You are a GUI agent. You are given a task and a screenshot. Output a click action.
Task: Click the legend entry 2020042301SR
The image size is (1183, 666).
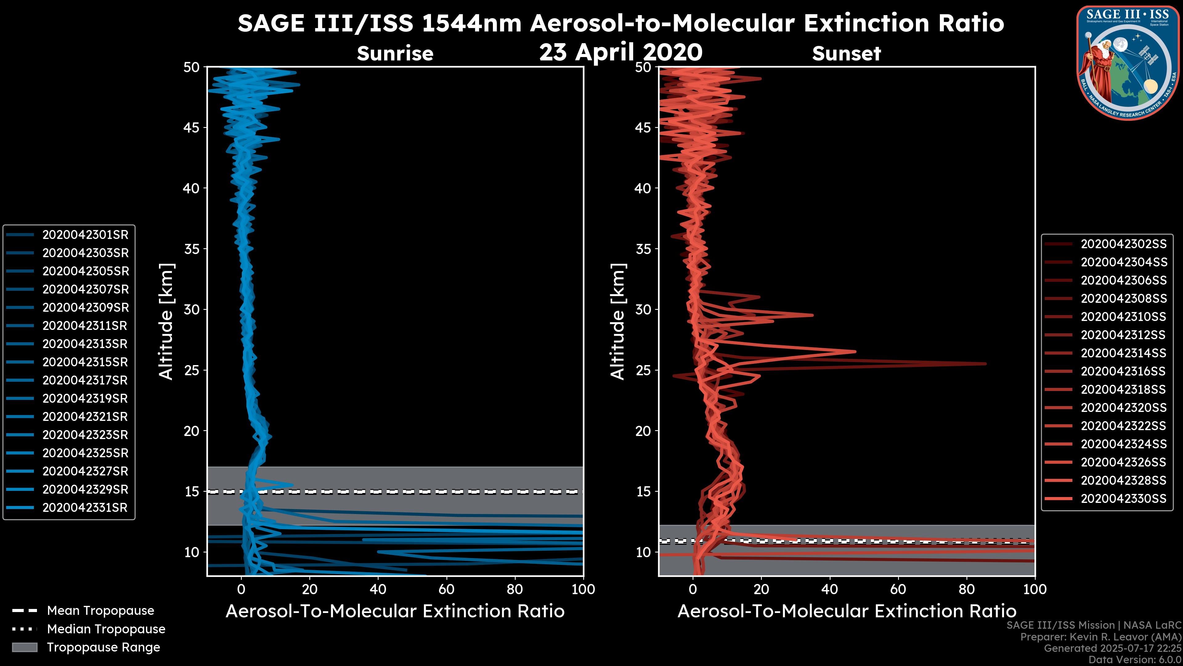pyautogui.click(x=85, y=235)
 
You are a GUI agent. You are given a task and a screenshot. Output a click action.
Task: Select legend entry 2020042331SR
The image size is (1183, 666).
pyautogui.click(x=85, y=508)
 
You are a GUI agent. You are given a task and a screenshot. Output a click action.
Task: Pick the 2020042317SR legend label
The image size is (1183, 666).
pyautogui.click(x=85, y=380)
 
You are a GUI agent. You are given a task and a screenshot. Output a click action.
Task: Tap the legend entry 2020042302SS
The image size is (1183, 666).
pyautogui.click(x=1123, y=244)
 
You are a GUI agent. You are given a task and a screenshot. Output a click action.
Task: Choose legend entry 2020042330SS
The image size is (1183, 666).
pyautogui.click(x=1123, y=499)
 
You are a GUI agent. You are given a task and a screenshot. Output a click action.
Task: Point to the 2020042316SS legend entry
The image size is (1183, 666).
pyautogui.click(x=1123, y=371)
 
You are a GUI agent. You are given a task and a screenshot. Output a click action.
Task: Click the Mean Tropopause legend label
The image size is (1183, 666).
pyautogui.click(x=100, y=611)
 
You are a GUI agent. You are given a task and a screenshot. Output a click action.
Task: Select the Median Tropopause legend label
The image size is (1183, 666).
pyautogui.click(x=106, y=629)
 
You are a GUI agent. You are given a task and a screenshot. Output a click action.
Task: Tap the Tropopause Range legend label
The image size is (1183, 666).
pyautogui.click(x=103, y=647)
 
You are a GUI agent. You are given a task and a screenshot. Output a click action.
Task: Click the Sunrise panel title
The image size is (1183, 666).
pyautogui.click(x=395, y=54)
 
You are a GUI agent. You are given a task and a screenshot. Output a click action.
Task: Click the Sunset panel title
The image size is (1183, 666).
pyautogui.click(x=846, y=54)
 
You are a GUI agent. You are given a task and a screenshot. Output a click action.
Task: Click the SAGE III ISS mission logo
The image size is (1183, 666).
pyautogui.click(x=1128, y=63)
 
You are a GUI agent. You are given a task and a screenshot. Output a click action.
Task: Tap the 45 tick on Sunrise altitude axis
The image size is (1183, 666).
pyautogui.click(x=192, y=128)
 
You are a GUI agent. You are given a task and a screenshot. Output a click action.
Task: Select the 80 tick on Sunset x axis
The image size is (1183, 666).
pyautogui.click(x=967, y=589)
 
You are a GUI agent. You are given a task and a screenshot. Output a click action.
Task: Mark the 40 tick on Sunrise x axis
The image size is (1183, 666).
pyautogui.click(x=378, y=589)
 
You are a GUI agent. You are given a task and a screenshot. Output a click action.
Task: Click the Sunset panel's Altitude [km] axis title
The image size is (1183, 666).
pyautogui.click(x=618, y=322)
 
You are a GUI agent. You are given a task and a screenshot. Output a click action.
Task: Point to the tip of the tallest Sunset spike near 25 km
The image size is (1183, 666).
pyautogui.click(x=986, y=364)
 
